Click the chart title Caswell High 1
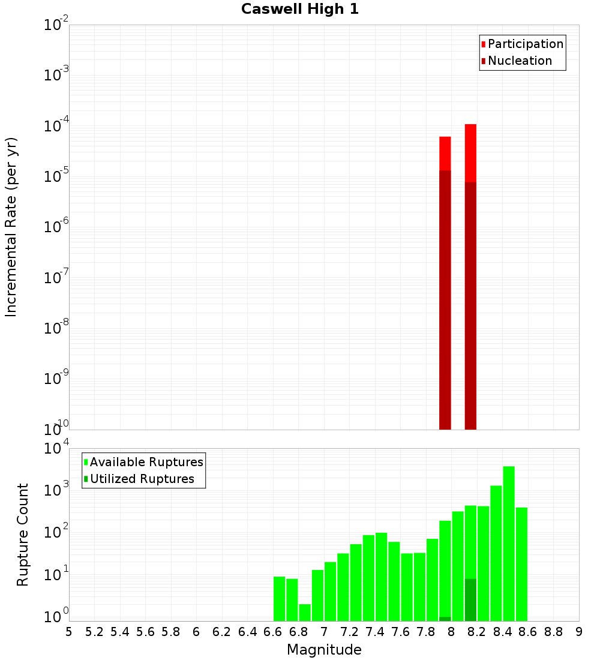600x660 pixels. click(x=300, y=10)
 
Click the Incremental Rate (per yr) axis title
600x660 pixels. click(x=11, y=227)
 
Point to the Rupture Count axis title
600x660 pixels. click(x=23, y=535)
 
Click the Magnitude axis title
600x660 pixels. click(x=324, y=650)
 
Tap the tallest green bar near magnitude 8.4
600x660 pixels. click(x=509, y=543)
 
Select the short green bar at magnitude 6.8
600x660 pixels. click(x=305, y=612)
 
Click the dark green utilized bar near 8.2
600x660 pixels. click(x=470, y=600)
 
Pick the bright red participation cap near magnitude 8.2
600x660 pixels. click(x=470, y=152)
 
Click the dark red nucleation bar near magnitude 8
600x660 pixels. click(x=445, y=300)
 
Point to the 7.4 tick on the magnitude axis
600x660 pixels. click(x=375, y=632)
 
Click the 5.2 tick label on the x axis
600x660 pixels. click(x=94, y=632)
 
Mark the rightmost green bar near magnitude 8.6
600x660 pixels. click(x=521, y=564)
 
